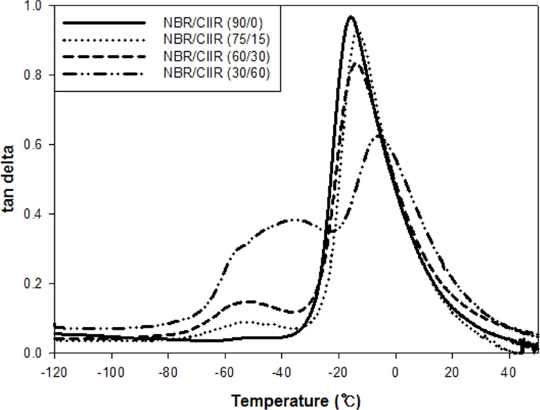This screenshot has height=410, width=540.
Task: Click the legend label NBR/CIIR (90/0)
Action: tap(213, 22)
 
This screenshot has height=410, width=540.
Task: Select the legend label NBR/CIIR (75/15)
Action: tap(217, 39)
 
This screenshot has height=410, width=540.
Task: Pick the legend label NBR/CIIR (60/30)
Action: tap(217, 56)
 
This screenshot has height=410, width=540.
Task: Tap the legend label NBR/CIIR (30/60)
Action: tap(217, 73)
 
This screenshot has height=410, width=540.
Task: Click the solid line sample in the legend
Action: tap(104, 23)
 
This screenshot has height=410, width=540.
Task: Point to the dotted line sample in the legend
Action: tap(104, 40)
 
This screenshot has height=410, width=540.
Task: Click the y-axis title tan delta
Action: tap(8, 179)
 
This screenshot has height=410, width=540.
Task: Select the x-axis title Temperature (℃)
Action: tap(296, 401)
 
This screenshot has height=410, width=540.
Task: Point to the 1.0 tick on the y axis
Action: tap(33, 6)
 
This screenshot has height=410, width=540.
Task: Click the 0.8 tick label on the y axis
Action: tap(33, 75)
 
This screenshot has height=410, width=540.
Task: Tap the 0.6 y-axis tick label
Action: tap(33, 145)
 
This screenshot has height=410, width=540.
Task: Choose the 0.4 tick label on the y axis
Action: tap(33, 214)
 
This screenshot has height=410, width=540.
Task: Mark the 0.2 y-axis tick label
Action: tap(33, 283)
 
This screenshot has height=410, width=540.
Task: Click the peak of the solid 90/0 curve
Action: tap(351, 16)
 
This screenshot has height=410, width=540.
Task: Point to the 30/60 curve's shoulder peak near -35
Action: tap(294, 220)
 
